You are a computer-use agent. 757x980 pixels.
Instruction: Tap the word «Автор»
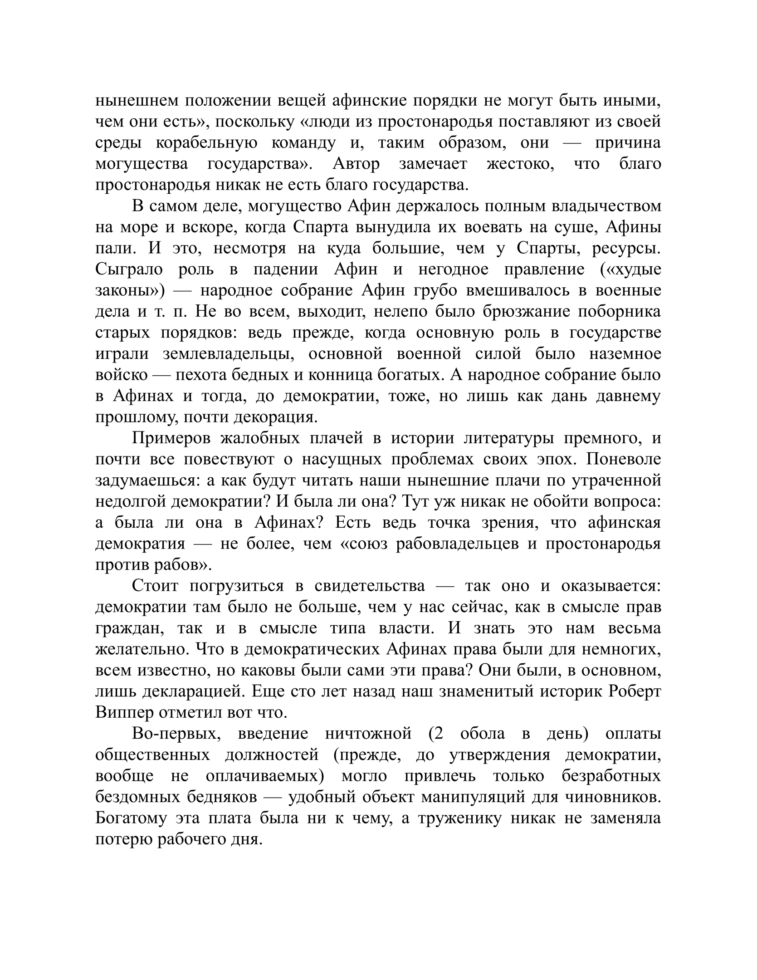point(356,164)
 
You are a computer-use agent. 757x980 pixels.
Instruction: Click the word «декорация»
point(272,417)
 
